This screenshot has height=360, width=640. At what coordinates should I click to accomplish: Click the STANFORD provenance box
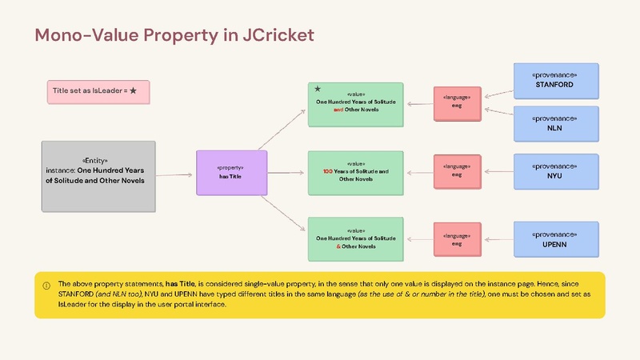coord(556,81)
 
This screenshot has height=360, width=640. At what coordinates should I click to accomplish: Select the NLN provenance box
coord(556,124)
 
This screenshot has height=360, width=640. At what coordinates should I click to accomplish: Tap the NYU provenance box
coord(556,171)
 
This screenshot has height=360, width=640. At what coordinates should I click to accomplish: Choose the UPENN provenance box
coord(556,239)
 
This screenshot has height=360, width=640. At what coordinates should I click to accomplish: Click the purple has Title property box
coord(231,173)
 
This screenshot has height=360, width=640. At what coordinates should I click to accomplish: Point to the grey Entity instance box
coord(98,176)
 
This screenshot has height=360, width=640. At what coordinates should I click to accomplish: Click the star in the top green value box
coord(318,89)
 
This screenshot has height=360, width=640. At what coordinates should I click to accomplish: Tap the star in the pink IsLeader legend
coord(133,90)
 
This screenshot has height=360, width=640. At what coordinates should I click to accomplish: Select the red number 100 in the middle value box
coord(328,171)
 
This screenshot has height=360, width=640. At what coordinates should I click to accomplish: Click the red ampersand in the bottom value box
coord(338,246)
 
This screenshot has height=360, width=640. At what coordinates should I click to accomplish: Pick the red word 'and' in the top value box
coord(338,110)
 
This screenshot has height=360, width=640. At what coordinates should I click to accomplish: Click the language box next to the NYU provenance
coord(457,171)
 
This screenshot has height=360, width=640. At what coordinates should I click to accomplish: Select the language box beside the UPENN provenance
coord(457,239)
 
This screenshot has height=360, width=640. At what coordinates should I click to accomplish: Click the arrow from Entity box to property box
coord(174,175)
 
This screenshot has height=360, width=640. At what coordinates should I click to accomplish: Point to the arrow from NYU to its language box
coord(498,171)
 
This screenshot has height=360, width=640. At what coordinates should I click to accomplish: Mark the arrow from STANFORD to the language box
coord(498,94)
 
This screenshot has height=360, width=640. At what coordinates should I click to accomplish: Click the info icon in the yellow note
coord(46,286)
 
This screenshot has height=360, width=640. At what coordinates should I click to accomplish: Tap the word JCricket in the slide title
coord(278,35)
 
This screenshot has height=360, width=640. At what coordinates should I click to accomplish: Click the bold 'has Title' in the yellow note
coord(180,284)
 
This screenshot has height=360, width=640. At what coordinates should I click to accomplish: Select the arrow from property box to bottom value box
coord(282,213)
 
